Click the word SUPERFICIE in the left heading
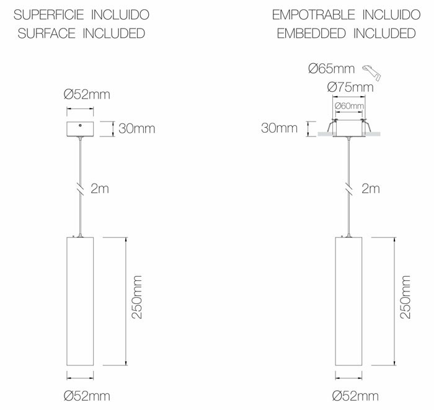click(49, 15)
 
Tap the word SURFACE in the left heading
click(46, 33)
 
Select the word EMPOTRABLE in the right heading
click(313, 15)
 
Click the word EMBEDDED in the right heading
click(311, 33)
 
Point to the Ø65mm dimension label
click(331, 68)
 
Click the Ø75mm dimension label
click(350, 87)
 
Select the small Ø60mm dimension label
click(349, 105)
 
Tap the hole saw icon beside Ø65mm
click(372, 73)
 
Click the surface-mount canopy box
click(80, 129)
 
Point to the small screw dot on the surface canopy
click(80, 125)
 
